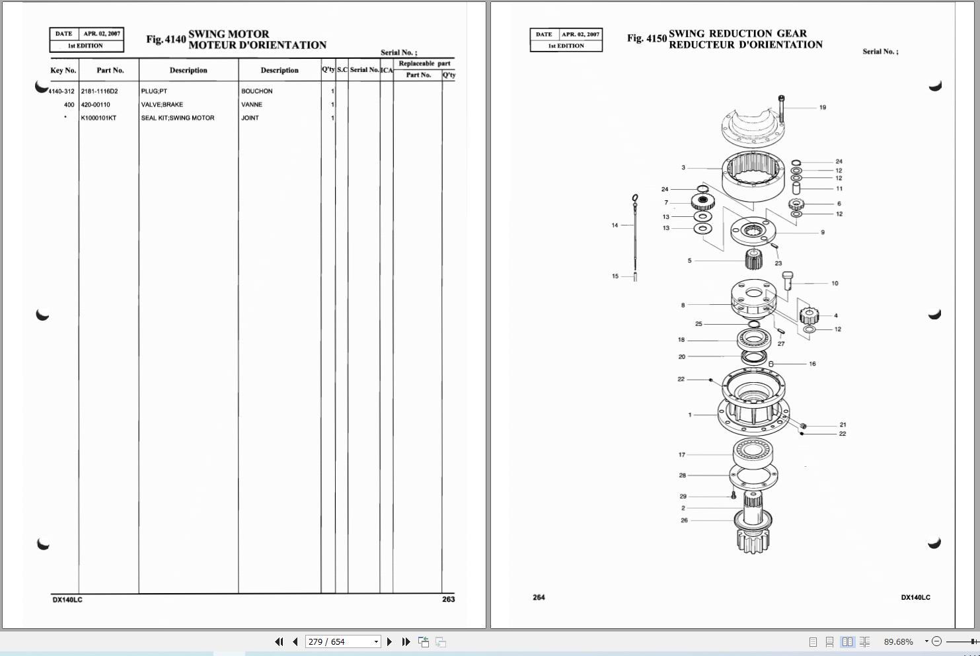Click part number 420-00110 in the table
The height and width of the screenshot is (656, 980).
pos(95,104)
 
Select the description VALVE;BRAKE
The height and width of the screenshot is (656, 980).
pos(162,104)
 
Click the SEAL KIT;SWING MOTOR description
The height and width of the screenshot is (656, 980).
pos(177,118)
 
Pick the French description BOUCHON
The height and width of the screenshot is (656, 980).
pos(256,91)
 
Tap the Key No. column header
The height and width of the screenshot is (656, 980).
pos(63,70)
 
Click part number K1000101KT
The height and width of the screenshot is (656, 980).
pos(98,118)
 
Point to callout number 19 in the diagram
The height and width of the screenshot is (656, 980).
pos(822,107)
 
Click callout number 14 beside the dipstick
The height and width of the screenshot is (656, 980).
pos(615,225)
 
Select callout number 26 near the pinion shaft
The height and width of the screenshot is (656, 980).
pos(684,520)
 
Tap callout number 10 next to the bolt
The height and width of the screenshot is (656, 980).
pos(835,283)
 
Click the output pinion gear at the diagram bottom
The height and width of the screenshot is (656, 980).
pos(753,539)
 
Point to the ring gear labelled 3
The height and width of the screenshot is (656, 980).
pos(753,174)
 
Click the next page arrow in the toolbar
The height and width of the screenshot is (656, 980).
pos(389,641)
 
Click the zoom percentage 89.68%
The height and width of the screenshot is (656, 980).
pos(898,641)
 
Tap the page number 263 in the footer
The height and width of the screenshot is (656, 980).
pos(448,599)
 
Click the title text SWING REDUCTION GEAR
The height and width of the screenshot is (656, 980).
pos(737,33)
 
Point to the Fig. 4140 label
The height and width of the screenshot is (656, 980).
pos(166,39)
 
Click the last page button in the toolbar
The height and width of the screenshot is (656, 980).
pos(406,641)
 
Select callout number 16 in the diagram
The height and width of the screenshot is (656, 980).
pos(812,364)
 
